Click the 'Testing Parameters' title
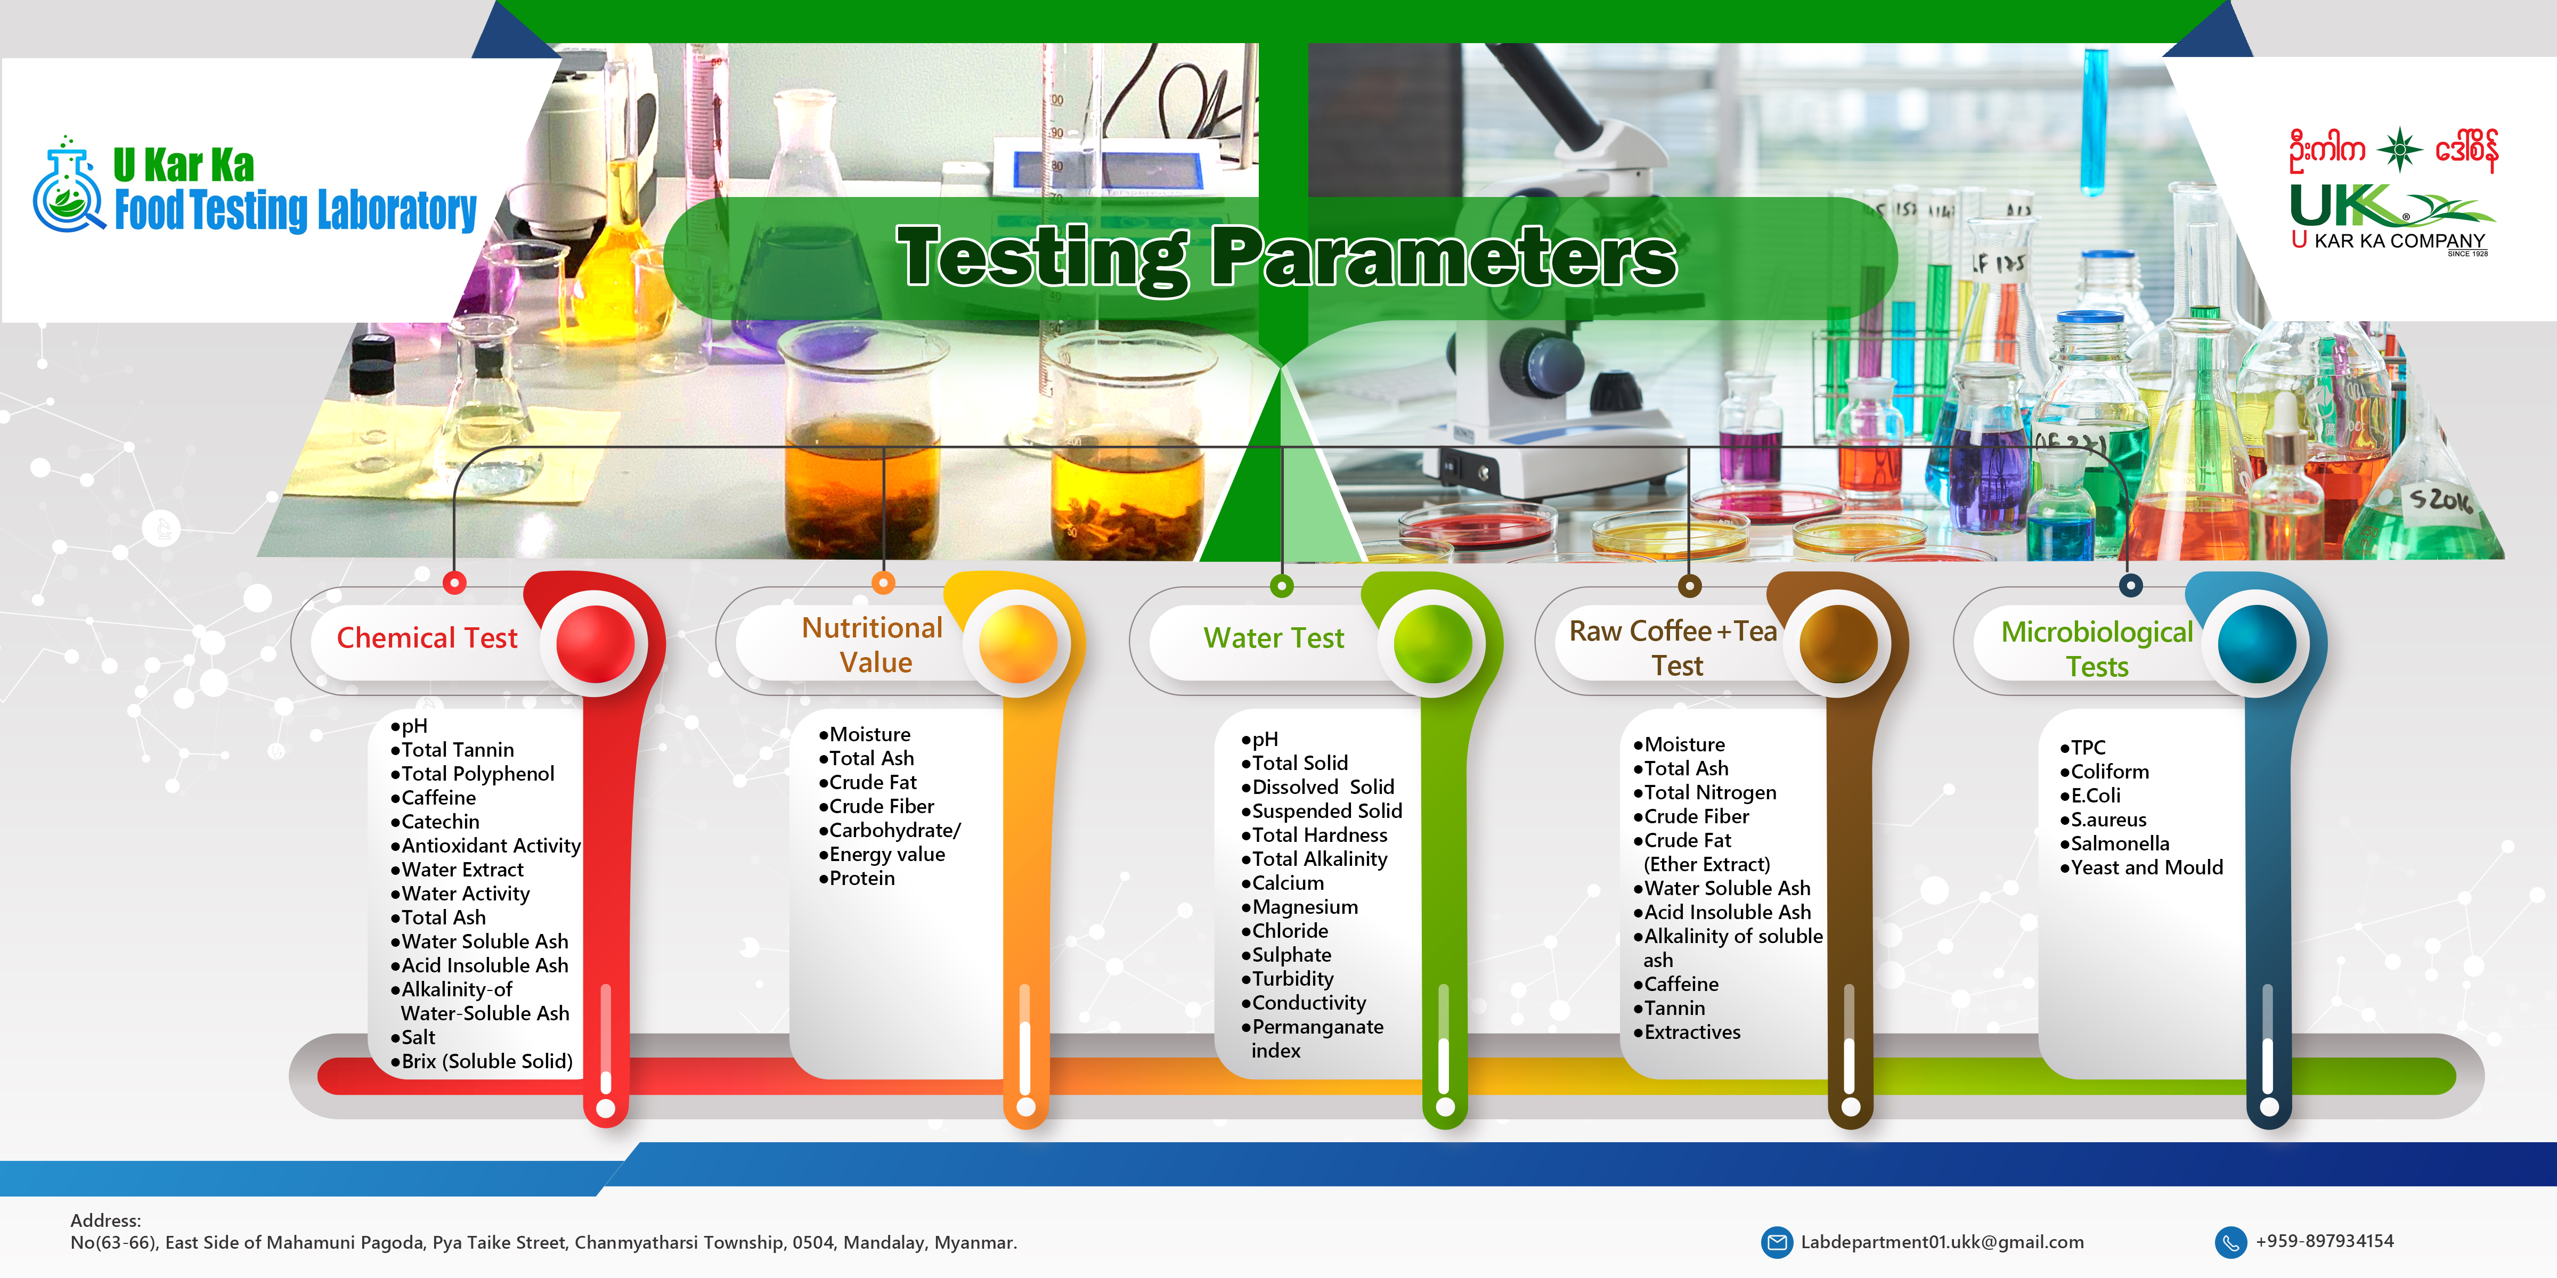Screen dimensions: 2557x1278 [x=1286, y=257]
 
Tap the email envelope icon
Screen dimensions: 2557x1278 [x=1776, y=1241]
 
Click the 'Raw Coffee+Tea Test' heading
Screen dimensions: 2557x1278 [x=1674, y=647]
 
